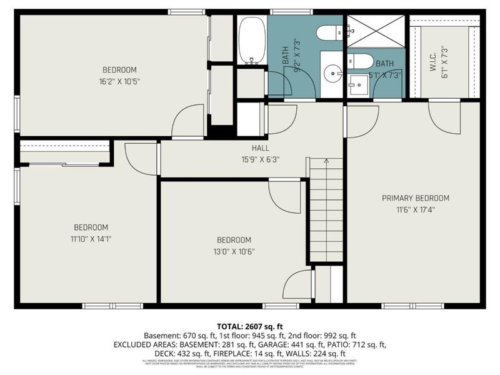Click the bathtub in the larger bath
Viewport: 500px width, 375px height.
252,41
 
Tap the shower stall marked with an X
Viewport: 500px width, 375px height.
375,31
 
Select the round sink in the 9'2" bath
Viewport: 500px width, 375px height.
332,72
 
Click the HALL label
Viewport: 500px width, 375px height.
261,148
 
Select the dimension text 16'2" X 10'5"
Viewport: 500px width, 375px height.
119,81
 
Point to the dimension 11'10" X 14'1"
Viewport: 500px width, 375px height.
91,238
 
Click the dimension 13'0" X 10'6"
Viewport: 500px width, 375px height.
234,251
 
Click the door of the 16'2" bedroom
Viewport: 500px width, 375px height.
188,121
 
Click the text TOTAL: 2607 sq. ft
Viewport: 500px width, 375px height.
249,326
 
